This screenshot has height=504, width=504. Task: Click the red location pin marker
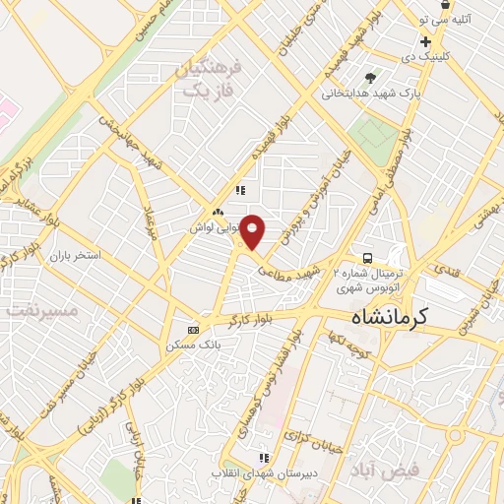tap(253, 231)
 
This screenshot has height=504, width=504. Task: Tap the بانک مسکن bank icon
tap(193, 330)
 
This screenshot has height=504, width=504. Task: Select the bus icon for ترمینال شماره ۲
tap(366, 249)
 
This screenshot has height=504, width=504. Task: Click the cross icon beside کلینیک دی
tap(424, 41)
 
